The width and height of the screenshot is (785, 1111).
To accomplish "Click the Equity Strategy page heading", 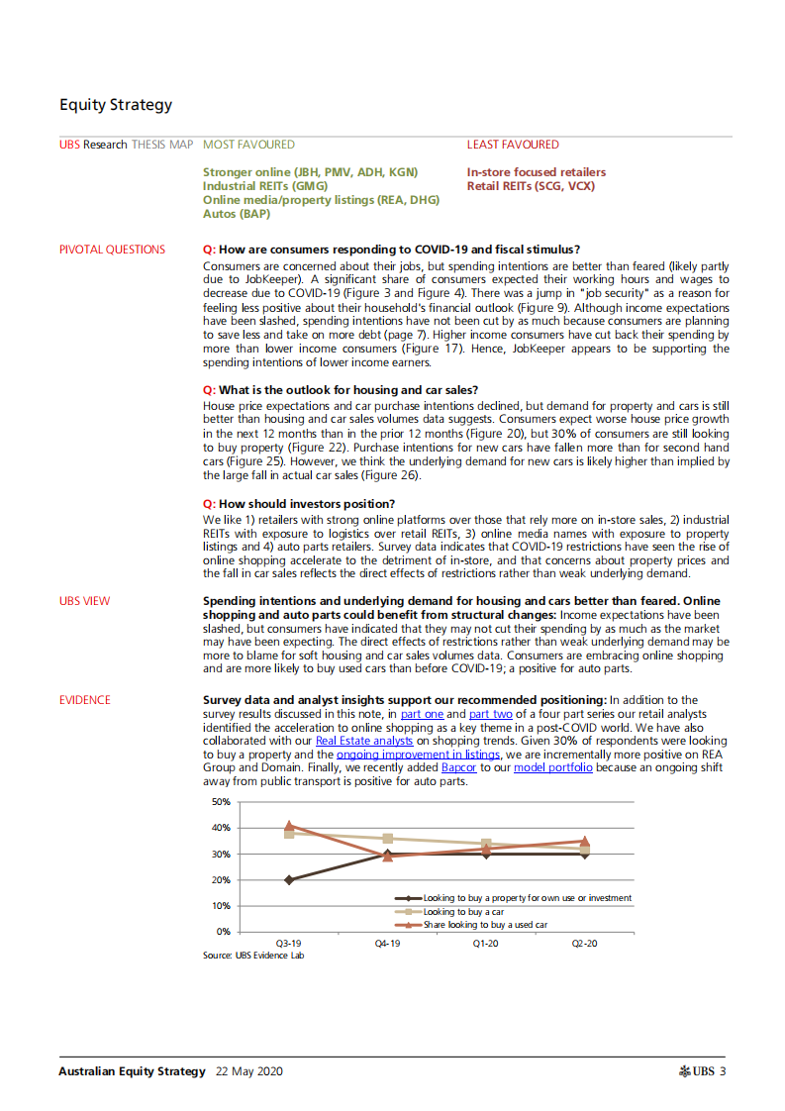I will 115,105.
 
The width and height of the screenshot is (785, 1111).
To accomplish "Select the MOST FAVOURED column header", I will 248,145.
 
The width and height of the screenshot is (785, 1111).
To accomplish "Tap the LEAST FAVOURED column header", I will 513,145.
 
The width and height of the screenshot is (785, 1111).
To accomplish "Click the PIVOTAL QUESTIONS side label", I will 112,250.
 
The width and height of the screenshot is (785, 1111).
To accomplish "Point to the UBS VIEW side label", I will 84,601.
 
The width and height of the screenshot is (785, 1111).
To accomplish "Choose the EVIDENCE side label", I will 85,700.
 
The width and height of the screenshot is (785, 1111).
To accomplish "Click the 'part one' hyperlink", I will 422,713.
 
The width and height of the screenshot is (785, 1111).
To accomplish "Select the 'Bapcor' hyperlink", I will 458,767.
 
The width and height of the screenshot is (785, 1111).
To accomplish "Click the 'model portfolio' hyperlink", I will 553,767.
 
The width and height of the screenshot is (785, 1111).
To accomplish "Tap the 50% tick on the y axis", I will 221,802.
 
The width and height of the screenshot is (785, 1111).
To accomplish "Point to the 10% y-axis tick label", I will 221,906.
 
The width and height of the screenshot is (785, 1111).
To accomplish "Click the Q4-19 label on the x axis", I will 387,945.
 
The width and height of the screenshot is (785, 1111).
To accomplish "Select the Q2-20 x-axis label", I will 584,945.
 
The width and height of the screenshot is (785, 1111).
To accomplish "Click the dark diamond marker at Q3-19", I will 289,879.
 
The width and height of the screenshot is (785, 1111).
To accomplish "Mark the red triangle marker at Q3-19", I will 289,826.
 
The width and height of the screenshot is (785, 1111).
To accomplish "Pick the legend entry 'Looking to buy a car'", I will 466,911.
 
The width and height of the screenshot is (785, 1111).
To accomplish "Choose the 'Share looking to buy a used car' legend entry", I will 485,924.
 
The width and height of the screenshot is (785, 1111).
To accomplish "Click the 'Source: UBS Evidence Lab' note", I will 253,956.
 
